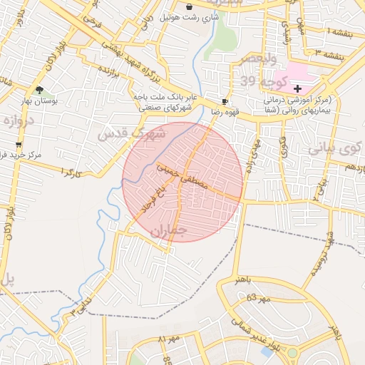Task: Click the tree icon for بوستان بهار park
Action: coord(38,91)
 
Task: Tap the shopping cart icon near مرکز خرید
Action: coord(18,144)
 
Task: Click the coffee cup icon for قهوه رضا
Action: coord(225,101)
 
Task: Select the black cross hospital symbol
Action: coord(298,89)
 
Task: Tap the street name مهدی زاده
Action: coord(252,153)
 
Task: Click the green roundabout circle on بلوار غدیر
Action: coord(292,352)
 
